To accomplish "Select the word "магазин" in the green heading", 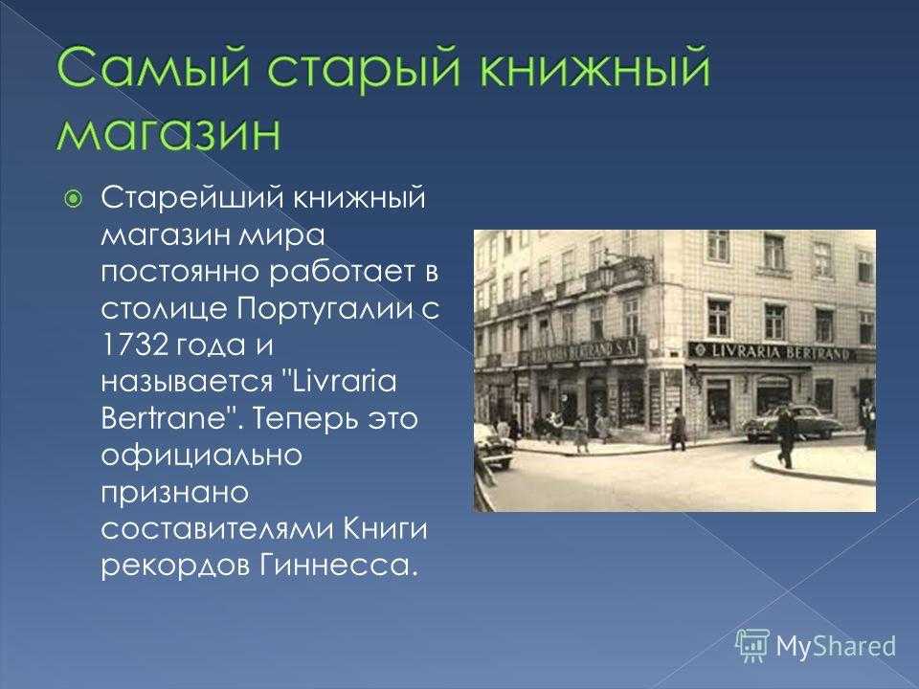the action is point(168,133).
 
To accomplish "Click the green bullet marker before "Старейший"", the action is point(73,200).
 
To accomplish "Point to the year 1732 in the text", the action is point(135,344).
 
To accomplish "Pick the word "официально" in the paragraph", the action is point(201,456).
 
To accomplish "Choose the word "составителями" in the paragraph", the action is point(213,529).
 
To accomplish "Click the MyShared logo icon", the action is point(752,646).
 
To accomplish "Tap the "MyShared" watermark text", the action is point(836,646).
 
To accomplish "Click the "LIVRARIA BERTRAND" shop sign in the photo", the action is point(779,352).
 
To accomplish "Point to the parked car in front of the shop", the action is point(795,423).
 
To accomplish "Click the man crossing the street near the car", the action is point(785,437).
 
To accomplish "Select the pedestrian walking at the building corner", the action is point(678,429).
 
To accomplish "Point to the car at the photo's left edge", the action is point(494,447).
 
